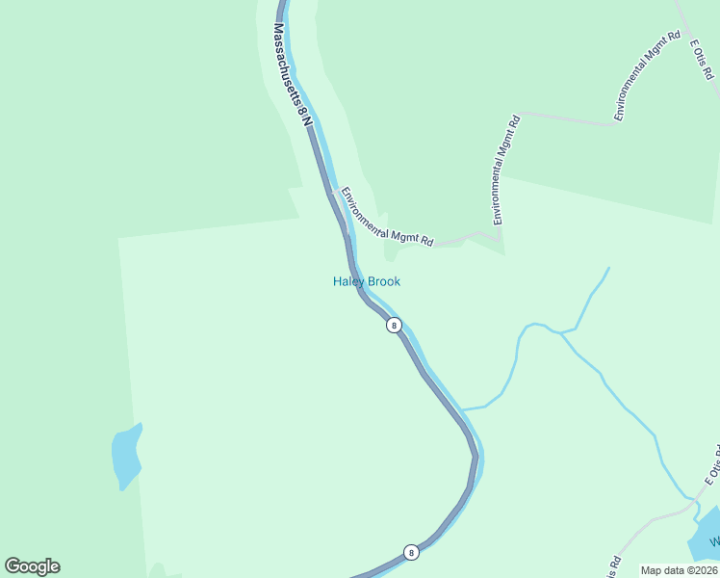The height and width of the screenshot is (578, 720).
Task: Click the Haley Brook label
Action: coord(366,281)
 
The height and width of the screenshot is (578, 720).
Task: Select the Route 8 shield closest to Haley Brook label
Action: coord(394,326)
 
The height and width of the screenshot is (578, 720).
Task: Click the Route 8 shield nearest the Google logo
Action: coord(411,552)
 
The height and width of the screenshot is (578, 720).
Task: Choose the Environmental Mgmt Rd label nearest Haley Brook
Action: coord(386,215)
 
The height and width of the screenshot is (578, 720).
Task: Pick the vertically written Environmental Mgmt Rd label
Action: coord(506,171)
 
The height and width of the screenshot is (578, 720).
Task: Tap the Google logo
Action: coord(32,566)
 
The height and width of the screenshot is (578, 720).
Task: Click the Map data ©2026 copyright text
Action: coord(679,570)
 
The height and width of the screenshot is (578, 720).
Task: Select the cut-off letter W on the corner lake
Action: coord(715,542)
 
